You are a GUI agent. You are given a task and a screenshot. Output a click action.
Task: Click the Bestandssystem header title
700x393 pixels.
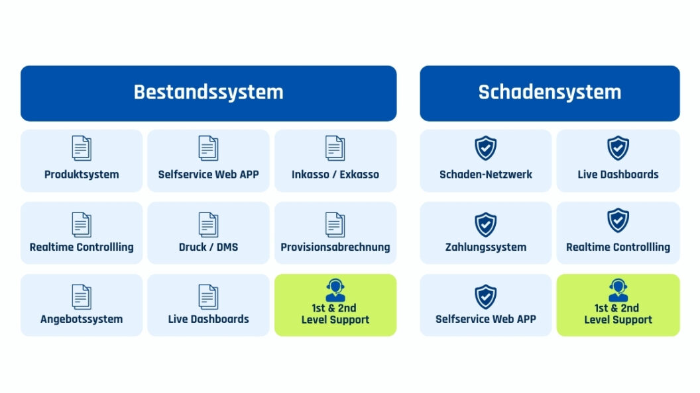point(209,92)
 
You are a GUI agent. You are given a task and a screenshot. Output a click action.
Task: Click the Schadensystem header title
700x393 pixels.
point(550,92)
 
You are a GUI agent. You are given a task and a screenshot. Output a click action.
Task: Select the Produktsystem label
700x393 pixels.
point(82,174)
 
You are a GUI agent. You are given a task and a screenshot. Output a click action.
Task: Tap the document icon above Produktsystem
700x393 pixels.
point(82,148)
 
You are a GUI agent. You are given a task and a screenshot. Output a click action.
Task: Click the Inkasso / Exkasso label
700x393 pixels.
point(335,174)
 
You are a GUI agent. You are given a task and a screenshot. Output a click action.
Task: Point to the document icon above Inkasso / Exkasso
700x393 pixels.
point(335,148)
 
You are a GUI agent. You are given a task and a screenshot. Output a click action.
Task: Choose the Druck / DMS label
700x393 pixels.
point(209,247)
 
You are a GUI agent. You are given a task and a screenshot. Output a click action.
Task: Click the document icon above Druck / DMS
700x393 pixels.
point(209,224)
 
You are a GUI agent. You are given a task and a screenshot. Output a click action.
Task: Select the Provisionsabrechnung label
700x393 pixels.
point(335,247)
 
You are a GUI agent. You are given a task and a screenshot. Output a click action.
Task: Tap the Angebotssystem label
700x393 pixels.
point(82,319)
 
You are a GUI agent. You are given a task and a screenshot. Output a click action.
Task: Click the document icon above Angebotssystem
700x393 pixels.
point(82,297)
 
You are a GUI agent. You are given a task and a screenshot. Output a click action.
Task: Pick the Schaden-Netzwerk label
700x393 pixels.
point(486,174)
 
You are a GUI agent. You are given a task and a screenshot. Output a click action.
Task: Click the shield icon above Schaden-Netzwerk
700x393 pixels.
point(486,148)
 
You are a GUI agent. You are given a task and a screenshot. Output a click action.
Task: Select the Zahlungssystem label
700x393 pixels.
point(486,247)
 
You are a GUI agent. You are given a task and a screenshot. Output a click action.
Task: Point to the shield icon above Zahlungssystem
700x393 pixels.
point(486,224)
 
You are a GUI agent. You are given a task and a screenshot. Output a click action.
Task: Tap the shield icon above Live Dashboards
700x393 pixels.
point(618,148)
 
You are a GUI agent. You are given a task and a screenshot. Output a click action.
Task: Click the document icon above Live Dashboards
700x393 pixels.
point(209,297)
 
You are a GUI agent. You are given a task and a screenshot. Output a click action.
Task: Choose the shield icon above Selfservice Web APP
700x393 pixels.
point(486,297)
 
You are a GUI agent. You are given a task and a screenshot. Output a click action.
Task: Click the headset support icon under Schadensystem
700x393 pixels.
point(618,290)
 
